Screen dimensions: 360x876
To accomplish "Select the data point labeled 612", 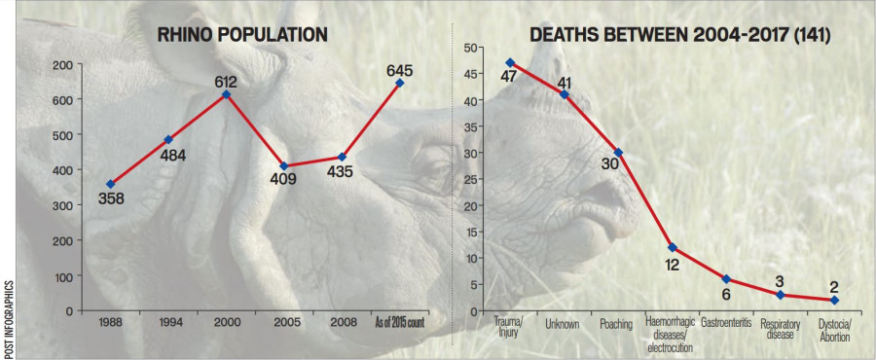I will (225, 94).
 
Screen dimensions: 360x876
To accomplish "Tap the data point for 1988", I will (110, 184).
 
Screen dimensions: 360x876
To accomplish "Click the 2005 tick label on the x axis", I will (282, 322).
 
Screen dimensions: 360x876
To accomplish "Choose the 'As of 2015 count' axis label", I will (399, 322).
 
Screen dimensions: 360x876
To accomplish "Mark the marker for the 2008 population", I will (342, 157).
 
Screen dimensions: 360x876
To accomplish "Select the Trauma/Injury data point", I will (509, 62).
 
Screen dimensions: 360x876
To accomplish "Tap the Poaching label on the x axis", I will (618, 323).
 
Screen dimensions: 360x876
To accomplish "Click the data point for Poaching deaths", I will (618, 152).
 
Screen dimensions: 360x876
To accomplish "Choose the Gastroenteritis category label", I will (726, 323).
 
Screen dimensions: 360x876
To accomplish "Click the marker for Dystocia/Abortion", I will (834, 300).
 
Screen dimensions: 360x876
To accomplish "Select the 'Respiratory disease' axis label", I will (781, 328).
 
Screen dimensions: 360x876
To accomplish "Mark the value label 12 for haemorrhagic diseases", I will (670, 264).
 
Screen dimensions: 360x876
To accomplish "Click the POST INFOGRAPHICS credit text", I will (8, 316).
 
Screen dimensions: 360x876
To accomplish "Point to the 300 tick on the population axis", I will (60, 205).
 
